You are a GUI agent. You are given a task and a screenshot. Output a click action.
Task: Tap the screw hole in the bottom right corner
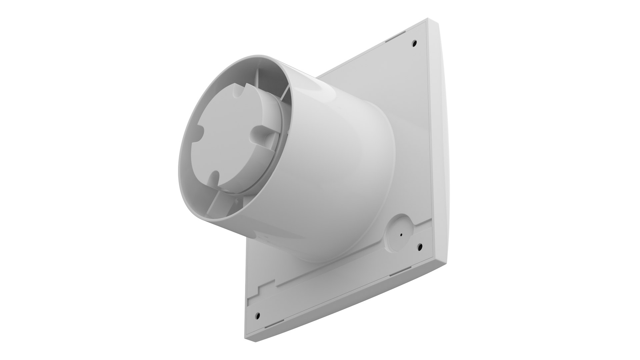tap(420, 247)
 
